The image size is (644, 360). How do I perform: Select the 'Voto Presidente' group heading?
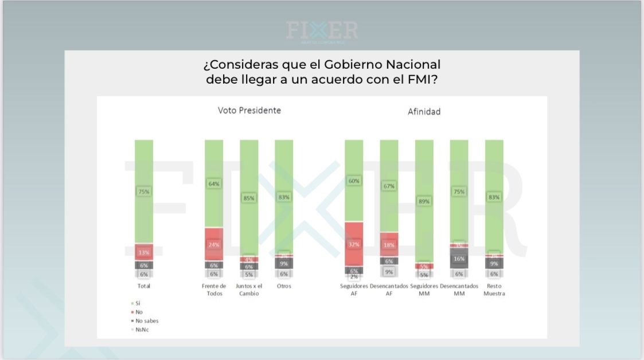[x=249, y=111]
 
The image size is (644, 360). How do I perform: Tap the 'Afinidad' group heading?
[x=424, y=112]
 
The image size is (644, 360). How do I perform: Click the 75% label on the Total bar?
[x=144, y=191]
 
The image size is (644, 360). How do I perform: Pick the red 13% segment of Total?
[x=144, y=252]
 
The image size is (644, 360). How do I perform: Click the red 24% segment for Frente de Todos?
[x=214, y=243]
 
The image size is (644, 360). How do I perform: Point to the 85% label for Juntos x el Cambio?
[x=249, y=198]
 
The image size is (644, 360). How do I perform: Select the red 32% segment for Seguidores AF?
[x=354, y=244]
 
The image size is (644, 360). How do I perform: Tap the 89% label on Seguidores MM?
[x=424, y=201]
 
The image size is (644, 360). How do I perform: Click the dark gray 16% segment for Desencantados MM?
[x=459, y=259]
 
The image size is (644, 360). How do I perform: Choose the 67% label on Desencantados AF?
[x=389, y=186]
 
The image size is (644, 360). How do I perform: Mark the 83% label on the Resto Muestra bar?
[x=494, y=197]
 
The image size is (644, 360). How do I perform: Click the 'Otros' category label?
[x=284, y=286]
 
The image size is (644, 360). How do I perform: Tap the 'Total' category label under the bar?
[x=144, y=286]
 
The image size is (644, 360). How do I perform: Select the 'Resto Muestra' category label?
[x=494, y=289]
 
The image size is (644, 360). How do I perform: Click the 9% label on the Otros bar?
[x=284, y=263]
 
